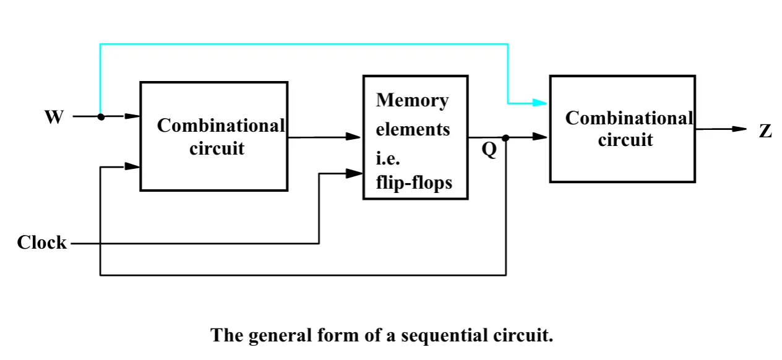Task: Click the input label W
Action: coord(54,117)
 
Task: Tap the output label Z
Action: coord(766,131)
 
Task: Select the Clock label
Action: coord(41,242)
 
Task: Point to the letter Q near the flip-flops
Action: coord(489,150)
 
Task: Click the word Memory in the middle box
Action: coord(412,100)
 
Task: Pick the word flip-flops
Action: coord(414,182)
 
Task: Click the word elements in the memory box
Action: coord(413,130)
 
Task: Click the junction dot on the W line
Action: coord(100,116)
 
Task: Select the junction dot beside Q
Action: coord(506,138)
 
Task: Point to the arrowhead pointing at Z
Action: coord(740,129)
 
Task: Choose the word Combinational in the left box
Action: coord(221,126)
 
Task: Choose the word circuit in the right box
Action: coord(625,140)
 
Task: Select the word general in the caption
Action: coord(279,336)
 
